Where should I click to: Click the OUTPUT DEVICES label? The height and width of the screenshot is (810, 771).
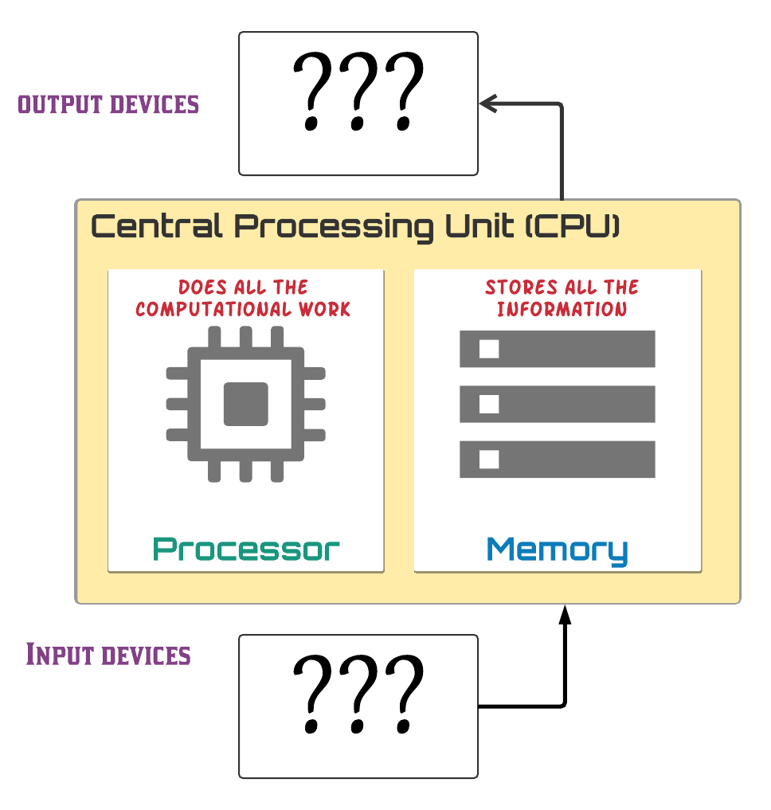tap(108, 104)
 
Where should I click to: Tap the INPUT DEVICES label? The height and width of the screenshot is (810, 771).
tap(108, 655)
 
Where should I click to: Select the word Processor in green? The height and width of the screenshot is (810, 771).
tap(246, 550)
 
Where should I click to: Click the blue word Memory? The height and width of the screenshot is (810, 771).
tap(557, 550)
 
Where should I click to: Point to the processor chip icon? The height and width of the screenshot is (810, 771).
tap(245, 403)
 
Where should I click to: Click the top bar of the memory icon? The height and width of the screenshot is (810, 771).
tap(557, 349)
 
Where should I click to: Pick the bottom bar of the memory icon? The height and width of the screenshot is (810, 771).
tap(557, 460)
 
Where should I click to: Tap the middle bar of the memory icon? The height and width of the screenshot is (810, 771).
tap(557, 404)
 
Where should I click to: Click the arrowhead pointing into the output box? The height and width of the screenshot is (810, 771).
tap(487, 104)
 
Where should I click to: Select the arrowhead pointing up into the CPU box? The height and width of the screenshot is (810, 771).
tap(565, 614)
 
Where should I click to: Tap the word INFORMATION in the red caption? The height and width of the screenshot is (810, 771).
tap(562, 309)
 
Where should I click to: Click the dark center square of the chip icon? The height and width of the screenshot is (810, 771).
tap(245, 404)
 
